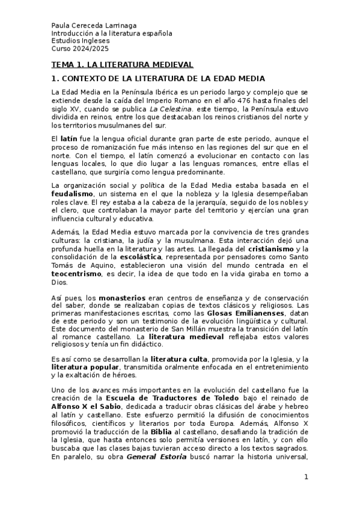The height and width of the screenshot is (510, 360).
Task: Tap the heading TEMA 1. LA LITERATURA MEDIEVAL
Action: (122, 64)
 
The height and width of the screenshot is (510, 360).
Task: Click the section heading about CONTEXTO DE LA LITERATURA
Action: (158, 79)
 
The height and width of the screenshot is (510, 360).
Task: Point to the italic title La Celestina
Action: (184, 109)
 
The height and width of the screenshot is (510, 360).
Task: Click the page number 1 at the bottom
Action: (305, 478)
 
